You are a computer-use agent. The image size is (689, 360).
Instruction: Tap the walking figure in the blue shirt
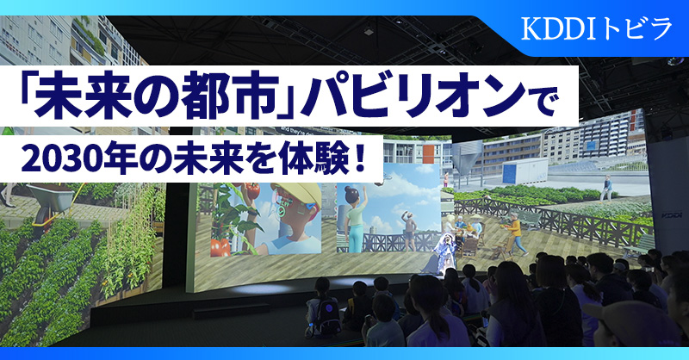click(x=609, y=185)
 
